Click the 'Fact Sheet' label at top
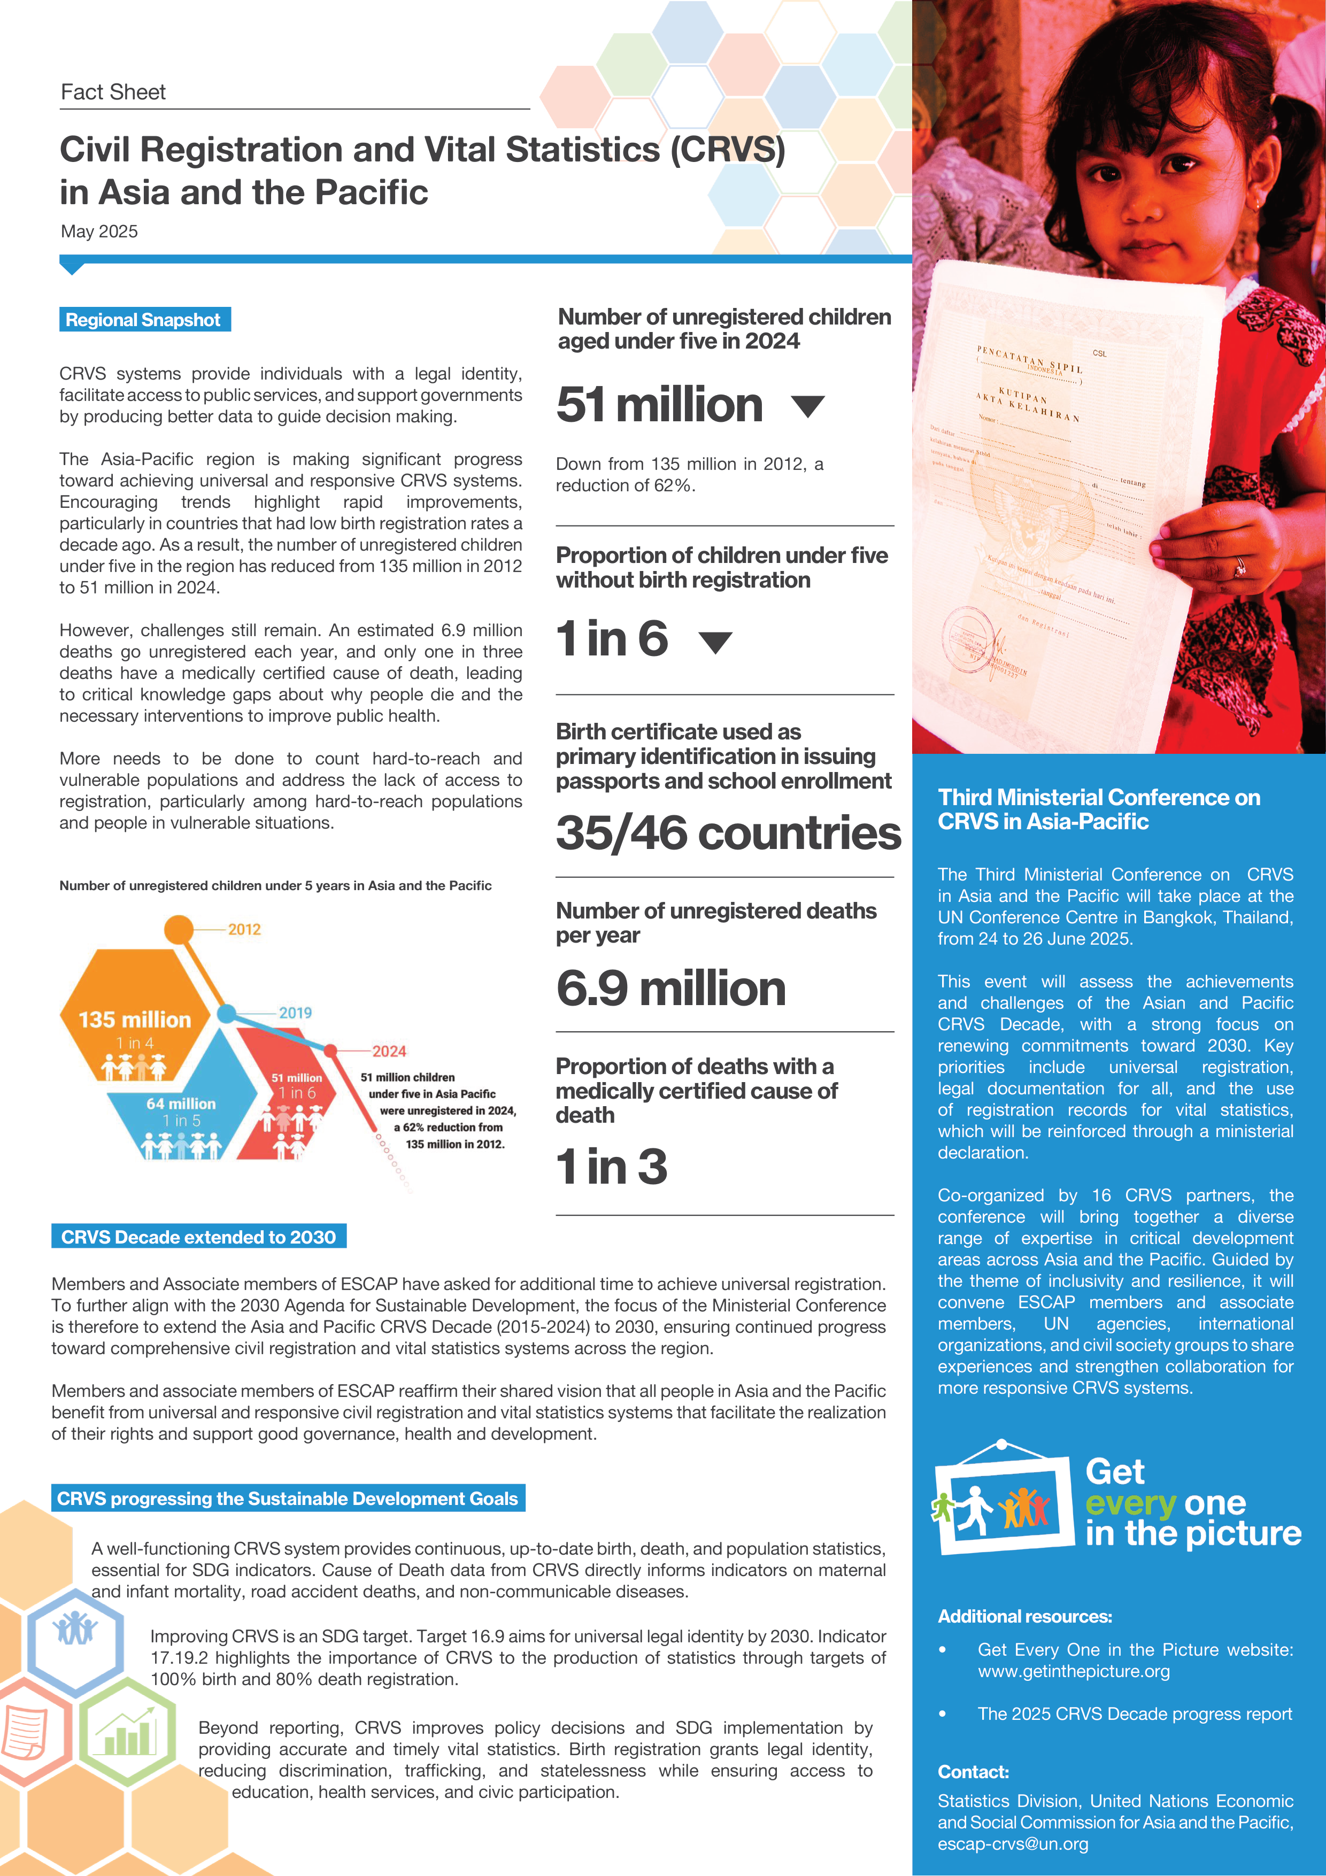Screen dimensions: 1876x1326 (113, 92)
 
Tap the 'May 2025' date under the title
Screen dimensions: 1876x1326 (99, 231)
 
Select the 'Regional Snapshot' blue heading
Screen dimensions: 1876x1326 (144, 320)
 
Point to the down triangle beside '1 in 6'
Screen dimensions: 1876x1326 (716, 642)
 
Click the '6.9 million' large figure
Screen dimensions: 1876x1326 (671, 989)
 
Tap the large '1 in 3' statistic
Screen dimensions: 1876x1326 (611, 1166)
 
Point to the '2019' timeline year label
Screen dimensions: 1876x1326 (295, 1013)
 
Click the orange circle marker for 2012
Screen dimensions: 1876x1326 (179, 929)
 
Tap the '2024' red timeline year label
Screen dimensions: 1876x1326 (389, 1051)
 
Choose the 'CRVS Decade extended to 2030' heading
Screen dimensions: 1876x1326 (198, 1237)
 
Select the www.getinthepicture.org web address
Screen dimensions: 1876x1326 (1074, 1671)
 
